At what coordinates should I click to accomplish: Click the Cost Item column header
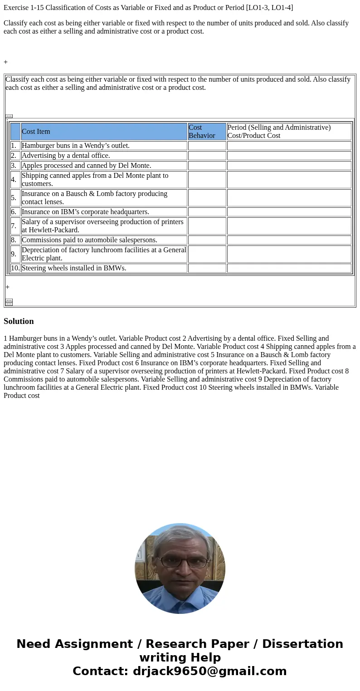click(104, 132)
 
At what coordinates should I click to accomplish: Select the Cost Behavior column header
click(207, 132)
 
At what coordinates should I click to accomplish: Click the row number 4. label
click(14, 180)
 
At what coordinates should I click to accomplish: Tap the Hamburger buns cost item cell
click(104, 146)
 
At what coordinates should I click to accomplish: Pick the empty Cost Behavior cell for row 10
click(207, 268)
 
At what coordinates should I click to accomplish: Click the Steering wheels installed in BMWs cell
click(104, 268)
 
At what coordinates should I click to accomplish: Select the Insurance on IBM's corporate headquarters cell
click(104, 212)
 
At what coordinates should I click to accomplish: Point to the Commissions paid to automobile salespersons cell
click(104, 240)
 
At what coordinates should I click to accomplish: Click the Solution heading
click(19, 321)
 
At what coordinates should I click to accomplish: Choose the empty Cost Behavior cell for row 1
click(207, 146)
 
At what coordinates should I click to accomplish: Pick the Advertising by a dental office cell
click(104, 156)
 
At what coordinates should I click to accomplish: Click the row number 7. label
click(14, 226)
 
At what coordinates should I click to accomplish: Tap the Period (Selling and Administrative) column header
click(289, 132)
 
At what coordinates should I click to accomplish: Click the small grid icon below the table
click(9, 302)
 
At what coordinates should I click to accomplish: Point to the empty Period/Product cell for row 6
click(289, 212)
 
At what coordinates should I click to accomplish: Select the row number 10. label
click(15, 268)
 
